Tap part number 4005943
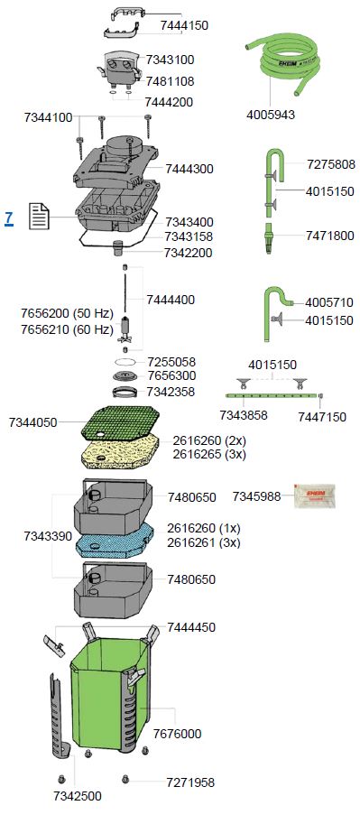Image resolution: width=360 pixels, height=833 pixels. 271,115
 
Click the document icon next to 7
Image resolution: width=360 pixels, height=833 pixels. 40,217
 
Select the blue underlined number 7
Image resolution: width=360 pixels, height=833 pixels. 8,218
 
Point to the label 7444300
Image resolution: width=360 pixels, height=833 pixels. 189,169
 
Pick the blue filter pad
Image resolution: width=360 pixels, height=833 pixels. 115,540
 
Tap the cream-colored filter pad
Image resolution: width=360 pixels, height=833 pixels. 120,453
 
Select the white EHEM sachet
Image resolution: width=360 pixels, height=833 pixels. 314,495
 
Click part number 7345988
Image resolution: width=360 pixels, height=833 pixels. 256,496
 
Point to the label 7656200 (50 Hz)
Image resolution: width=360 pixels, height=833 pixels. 68,313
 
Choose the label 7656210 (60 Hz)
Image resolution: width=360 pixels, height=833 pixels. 68,330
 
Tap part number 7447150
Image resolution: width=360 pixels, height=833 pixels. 322,417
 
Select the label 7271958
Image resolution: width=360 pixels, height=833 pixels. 190,782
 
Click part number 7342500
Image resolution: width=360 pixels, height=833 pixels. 78,796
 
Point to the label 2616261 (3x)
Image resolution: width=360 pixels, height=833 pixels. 203,543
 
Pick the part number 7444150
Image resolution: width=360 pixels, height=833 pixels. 184,25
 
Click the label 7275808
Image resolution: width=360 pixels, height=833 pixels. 330,164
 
